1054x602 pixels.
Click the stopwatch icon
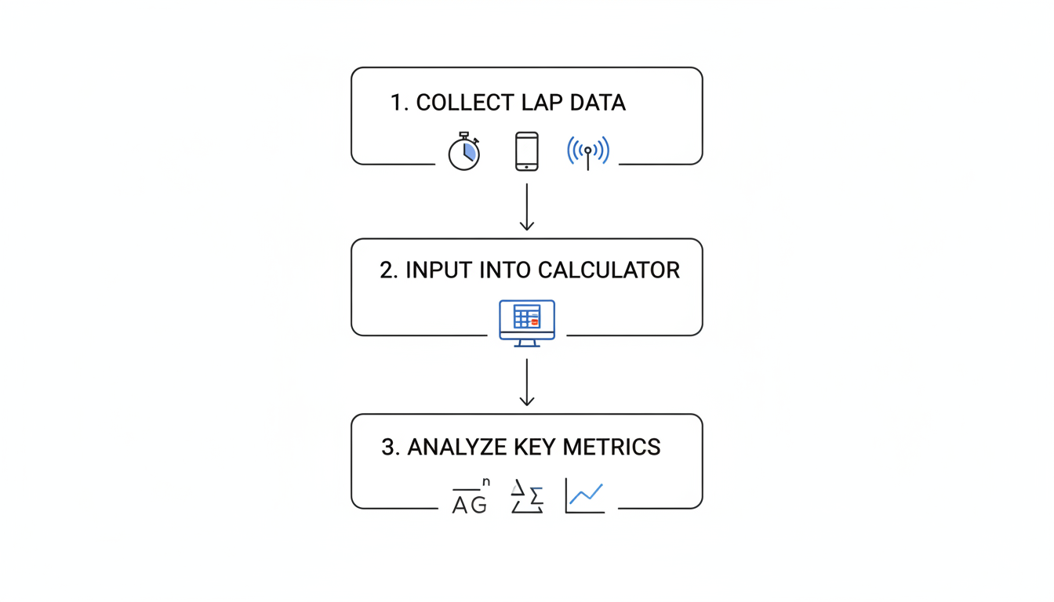[463, 152]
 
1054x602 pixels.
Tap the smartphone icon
[526, 151]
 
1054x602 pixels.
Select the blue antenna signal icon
[588, 151]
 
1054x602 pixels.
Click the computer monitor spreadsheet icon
[527, 321]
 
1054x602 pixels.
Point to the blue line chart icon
[585, 496]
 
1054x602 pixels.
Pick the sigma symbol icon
[528, 497]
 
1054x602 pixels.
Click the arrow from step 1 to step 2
[527, 208]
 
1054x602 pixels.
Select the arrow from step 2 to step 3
[527, 383]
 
